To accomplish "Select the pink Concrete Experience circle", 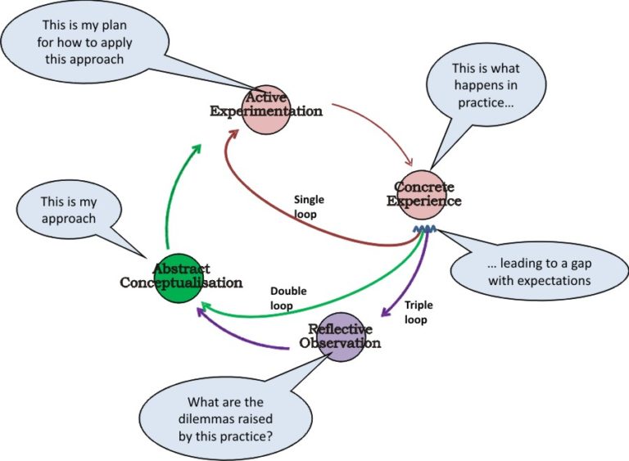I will [x=421, y=193].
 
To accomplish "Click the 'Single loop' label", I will [x=309, y=206].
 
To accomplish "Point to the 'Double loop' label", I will [x=287, y=297].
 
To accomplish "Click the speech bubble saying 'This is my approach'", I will [x=69, y=211].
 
